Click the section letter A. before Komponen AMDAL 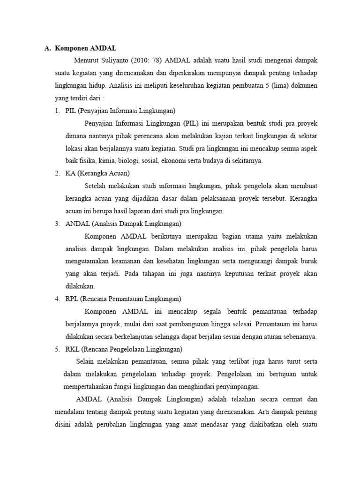click(47, 48)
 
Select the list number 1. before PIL click(57, 111)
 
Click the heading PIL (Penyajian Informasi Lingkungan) click(120, 111)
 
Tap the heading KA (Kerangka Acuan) click(97, 173)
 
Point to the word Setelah click(97, 186)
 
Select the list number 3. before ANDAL click(57, 224)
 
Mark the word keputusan click(258, 274)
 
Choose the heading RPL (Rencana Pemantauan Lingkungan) click(123, 299)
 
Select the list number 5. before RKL click(57, 349)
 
